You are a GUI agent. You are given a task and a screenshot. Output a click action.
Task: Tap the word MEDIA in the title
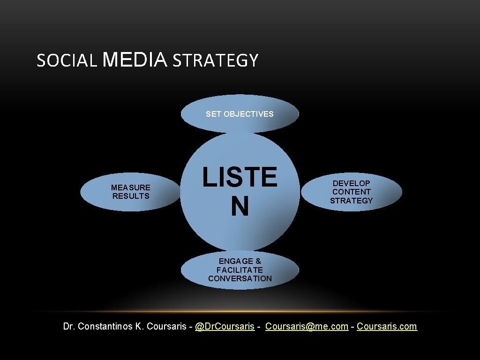point(134,60)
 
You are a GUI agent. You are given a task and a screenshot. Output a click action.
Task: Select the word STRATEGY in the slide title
point(215,61)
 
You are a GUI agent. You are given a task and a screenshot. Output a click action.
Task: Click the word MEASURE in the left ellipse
point(131,187)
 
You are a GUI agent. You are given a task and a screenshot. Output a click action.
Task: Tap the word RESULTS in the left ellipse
point(131,196)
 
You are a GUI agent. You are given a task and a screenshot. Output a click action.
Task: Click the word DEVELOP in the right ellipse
point(351,183)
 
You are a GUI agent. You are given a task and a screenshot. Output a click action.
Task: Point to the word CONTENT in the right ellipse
point(351,192)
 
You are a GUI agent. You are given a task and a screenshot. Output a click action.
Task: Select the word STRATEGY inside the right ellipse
point(351,201)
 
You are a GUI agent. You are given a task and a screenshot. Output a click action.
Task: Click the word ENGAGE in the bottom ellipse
point(233,261)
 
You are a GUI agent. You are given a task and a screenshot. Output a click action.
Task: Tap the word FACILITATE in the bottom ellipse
point(240,270)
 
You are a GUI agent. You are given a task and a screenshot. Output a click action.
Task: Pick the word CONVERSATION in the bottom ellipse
point(240,278)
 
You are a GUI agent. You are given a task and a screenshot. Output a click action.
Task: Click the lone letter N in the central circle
point(240,207)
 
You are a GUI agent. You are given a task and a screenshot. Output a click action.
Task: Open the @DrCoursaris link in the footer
point(225,326)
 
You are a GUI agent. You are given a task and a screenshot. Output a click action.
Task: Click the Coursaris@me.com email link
point(307,326)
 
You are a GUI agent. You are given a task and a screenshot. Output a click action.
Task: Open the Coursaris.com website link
point(387,326)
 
